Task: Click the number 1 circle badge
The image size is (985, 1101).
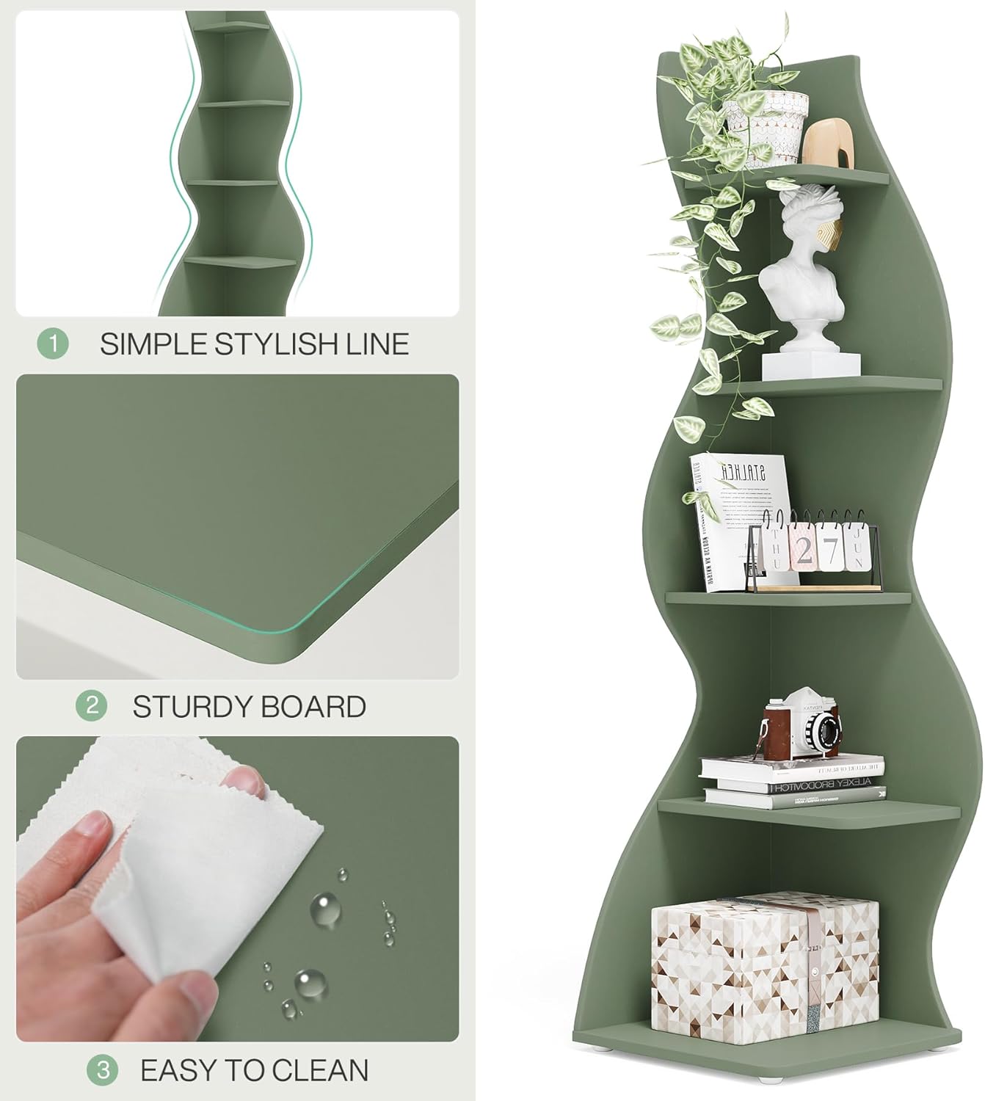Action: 52,344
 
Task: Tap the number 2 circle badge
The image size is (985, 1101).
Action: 92,706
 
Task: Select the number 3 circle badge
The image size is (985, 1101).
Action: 102,1071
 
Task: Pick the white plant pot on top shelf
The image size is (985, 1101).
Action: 763,131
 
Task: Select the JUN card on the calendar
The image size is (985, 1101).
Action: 854,546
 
